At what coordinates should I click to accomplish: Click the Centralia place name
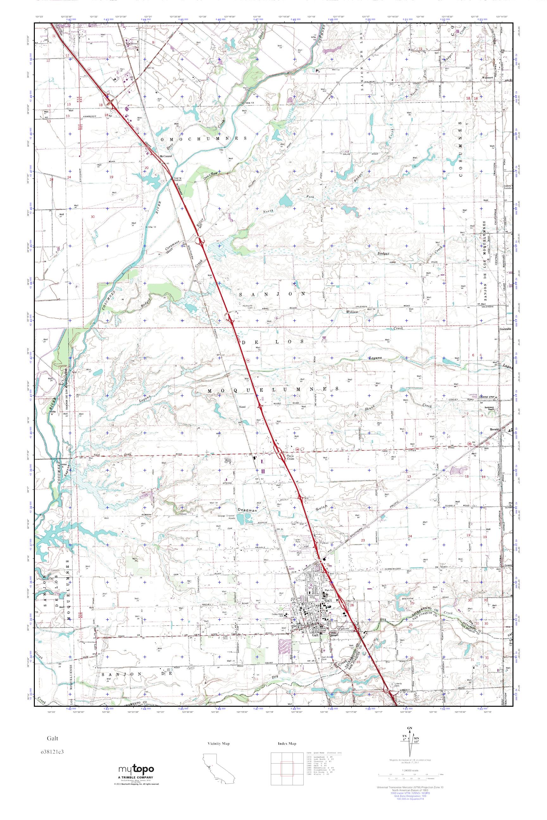[x=505, y=329]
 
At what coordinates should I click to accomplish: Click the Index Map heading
[x=287, y=743]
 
